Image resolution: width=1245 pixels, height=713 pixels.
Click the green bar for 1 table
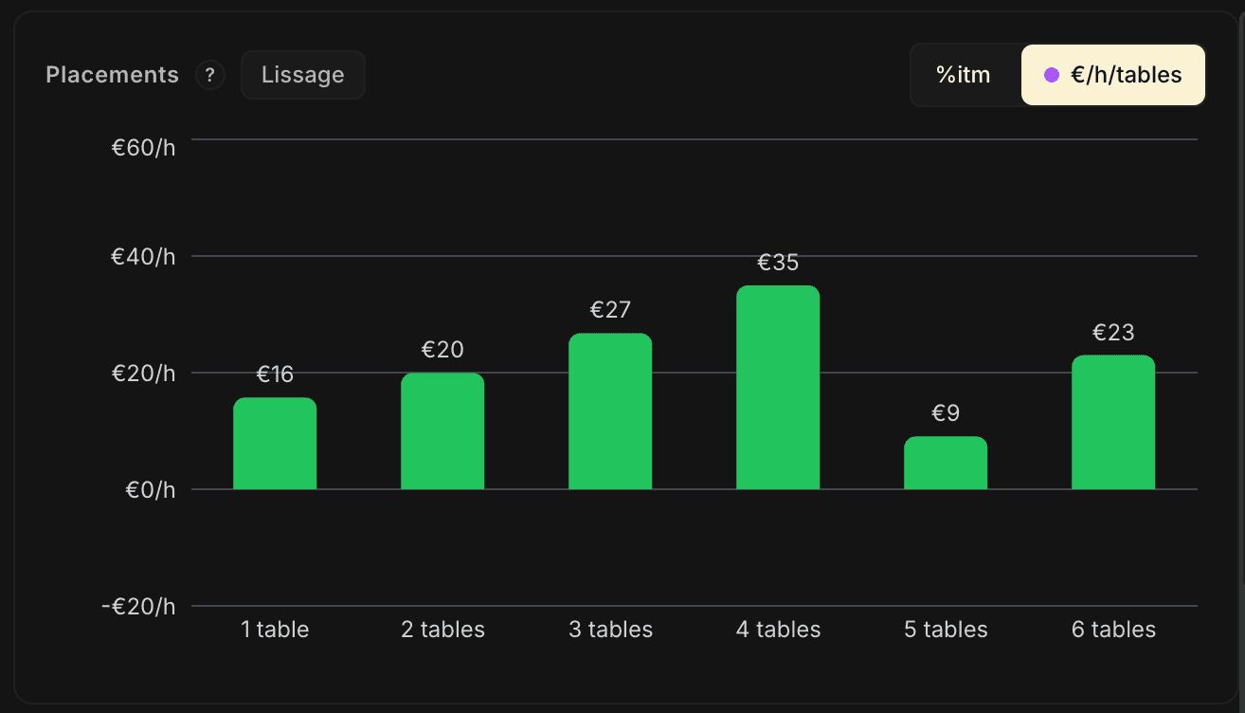pos(275,444)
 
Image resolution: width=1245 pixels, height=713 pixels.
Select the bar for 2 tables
pos(442,431)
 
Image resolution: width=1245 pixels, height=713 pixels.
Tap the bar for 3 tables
pos(610,411)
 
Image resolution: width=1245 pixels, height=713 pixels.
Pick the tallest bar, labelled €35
pos(778,388)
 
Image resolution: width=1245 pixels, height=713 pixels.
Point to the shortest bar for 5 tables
pos(946,463)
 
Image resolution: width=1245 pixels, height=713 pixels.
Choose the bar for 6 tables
pos(1113,423)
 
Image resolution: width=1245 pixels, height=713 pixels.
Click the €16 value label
pos(275,375)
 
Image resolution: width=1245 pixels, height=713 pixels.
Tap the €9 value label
pos(946,413)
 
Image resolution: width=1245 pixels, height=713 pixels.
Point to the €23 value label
pos(1113,333)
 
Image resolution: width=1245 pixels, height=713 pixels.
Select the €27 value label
pos(610,310)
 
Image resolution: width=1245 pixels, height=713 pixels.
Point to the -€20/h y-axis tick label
pos(139,606)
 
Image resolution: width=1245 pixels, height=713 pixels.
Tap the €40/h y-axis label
pos(144,256)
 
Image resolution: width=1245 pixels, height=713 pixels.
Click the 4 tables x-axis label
pos(778,630)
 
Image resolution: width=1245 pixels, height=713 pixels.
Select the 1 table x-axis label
pos(275,630)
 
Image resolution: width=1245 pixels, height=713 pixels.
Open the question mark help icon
pos(209,75)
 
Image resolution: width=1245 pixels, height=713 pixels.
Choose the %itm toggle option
pos(964,75)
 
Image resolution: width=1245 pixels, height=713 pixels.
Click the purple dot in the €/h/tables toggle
pos(1051,75)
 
